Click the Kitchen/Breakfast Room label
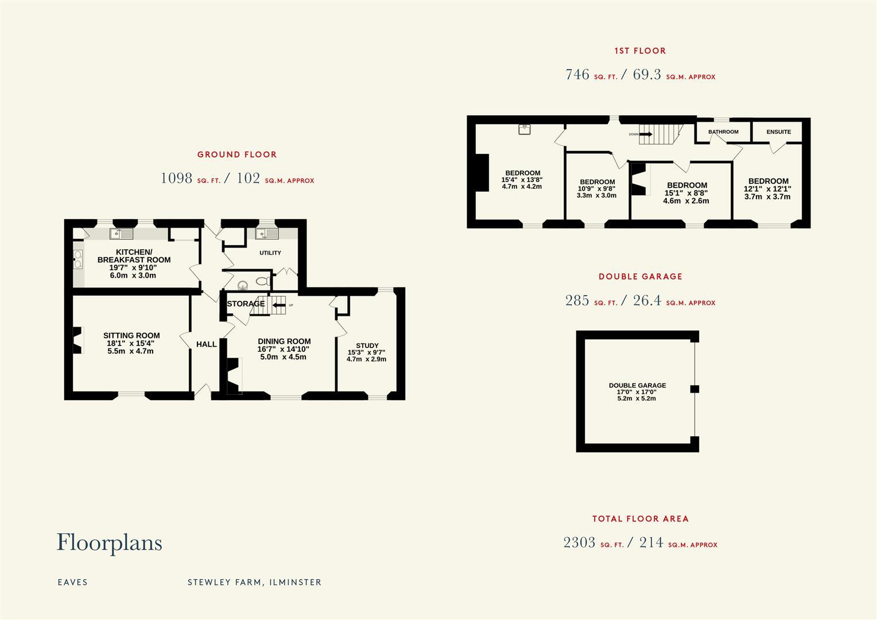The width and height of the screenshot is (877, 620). [134, 256]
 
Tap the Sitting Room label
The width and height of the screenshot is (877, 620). [131, 336]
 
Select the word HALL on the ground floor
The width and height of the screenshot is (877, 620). [207, 344]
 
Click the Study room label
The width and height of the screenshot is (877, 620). [367, 346]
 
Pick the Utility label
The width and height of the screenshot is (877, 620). [270, 253]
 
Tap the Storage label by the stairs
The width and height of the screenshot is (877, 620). [246, 304]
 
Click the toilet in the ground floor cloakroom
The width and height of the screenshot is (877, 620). [262, 282]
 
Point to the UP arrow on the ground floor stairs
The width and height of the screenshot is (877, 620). [280, 305]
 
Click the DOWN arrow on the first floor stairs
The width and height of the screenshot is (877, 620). [646, 134]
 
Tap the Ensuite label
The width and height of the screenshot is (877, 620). [778, 132]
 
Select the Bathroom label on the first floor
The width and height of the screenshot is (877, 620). [723, 132]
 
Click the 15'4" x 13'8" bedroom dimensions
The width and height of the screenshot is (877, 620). [522, 180]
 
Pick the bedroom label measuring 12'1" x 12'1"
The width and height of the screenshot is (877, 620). [768, 181]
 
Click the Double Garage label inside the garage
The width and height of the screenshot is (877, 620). [637, 386]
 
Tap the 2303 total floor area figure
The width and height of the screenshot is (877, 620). [579, 542]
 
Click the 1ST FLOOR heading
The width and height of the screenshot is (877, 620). [640, 51]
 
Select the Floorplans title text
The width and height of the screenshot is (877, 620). [109, 542]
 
